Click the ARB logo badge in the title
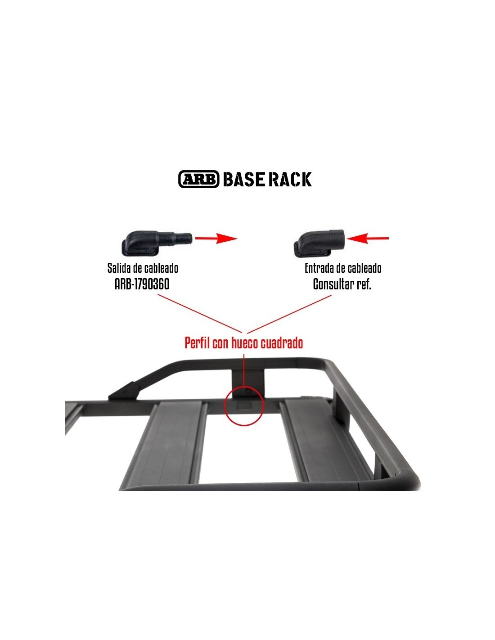pos(198,179)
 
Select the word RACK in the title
pos(290,179)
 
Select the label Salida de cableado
pos(143,268)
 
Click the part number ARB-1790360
pos(142,284)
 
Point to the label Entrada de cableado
pos(343,268)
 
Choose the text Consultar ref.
pos(342,284)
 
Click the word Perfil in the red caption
pos(198,343)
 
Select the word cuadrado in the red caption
pos(283,343)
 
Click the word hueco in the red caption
pos(245,343)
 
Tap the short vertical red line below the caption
pos(243,369)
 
